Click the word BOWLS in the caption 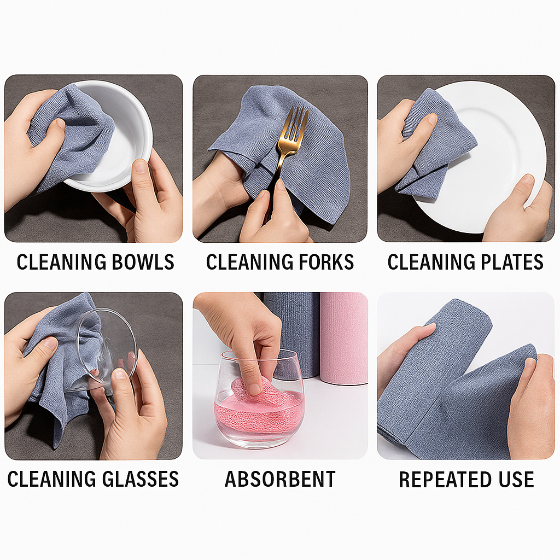click(143, 262)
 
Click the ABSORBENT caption click(280, 480)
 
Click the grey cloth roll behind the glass click(298, 328)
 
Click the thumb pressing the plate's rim click(522, 189)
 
